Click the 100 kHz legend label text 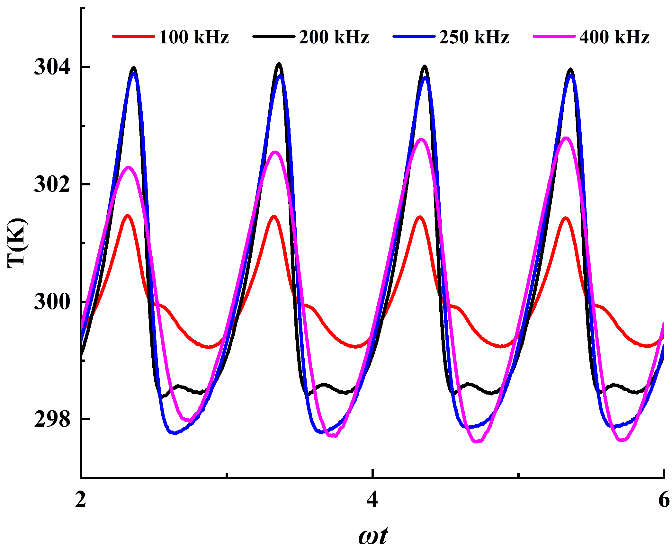pyautogui.click(x=193, y=37)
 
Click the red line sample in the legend pyautogui.click(x=133, y=36)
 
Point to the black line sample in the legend pyautogui.click(x=273, y=36)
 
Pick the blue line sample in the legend pyautogui.click(x=414, y=36)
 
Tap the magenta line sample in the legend pyautogui.click(x=554, y=36)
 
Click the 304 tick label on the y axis pyautogui.click(x=52, y=67)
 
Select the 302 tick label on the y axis pyautogui.click(x=52, y=184)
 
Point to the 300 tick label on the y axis pyautogui.click(x=52, y=302)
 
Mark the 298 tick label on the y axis pyautogui.click(x=52, y=419)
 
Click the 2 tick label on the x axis pyautogui.click(x=81, y=500)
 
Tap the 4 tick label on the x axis pyautogui.click(x=372, y=500)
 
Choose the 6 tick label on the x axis pyautogui.click(x=664, y=500)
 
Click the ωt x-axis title pyautogui.click(x=373, y=536)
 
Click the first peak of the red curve pyautogui.click(x=128, y=216)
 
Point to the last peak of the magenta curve pyautogui.click(x=566, y=138)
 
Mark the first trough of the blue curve pyautogui.click(x=175, y=433)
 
